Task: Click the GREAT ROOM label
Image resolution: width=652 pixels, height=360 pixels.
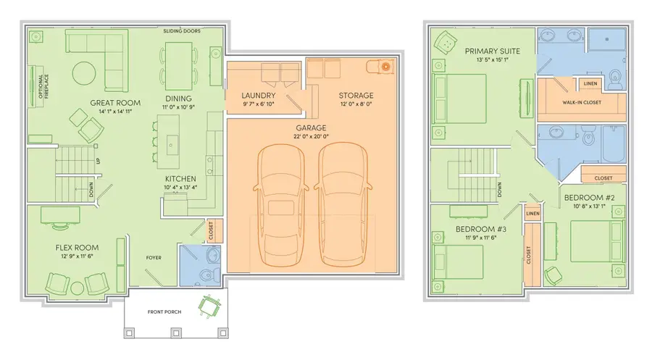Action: pos(115,103)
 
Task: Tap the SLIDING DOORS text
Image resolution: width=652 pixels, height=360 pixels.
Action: pos(182,30)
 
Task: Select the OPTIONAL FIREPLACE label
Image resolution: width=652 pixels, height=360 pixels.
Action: pos(43,86)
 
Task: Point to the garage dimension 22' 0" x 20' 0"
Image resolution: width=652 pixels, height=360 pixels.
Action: pos(311,136)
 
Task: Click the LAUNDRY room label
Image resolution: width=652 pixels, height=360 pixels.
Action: pos(259,96)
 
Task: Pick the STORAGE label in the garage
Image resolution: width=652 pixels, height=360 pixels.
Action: pos(356,96)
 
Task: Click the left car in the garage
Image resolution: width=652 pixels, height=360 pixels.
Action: pos(280,206)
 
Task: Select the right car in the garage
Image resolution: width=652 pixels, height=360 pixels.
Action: pos(343,204)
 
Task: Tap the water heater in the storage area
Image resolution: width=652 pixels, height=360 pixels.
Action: pos(385,66)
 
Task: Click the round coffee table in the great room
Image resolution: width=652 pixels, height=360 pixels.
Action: pos(84,74)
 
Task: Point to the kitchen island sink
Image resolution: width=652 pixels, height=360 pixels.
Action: pos(170,146)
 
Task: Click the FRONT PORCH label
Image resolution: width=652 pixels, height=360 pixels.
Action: pos(164,311)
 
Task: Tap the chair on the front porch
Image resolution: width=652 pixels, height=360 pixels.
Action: pos(209,306)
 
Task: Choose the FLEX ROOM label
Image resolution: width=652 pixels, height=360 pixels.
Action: pos(77,248)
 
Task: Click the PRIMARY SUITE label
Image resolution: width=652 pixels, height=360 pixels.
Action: pos(493,51)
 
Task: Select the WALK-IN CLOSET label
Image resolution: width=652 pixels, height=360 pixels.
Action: pos(582,102)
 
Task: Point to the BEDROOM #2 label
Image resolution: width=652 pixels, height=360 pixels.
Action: pos(589,198)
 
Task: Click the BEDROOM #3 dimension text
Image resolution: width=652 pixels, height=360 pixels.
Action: pos(481,238)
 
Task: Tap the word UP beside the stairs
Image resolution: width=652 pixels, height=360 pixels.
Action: pos(98,160)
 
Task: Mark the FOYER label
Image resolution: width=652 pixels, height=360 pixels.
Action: pos(154,258)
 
